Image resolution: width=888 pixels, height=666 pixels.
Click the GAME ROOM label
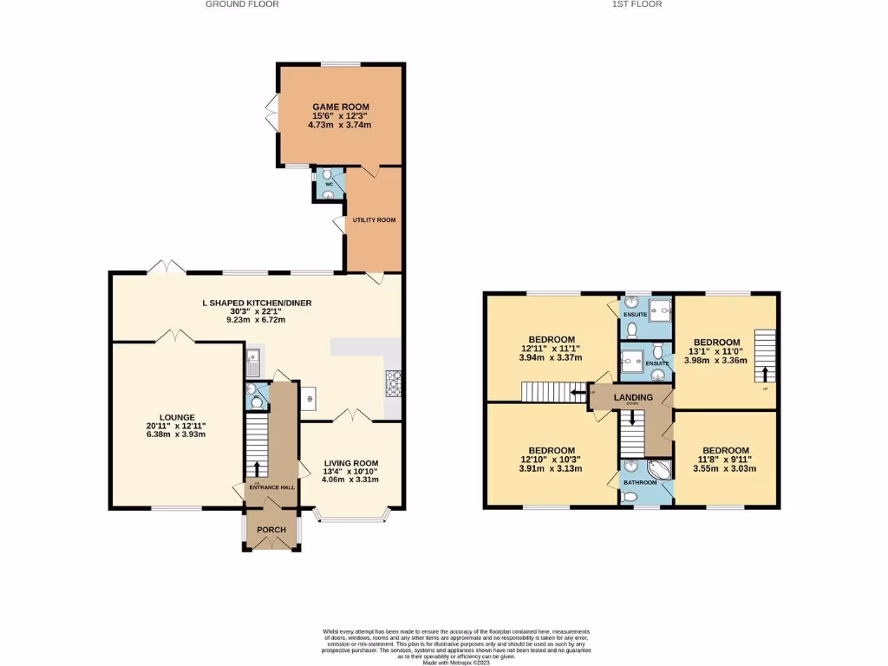[340, 107]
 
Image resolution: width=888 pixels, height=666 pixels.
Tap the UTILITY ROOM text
[374, 220]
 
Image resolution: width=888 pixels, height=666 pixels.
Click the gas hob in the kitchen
[393, 380]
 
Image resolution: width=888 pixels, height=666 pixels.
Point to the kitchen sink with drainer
[253, 362]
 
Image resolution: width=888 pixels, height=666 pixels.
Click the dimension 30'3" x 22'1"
[256, 311]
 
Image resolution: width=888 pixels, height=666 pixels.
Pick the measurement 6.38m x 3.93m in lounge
[176, 434]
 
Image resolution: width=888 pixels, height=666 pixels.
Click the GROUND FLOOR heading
[242, 4]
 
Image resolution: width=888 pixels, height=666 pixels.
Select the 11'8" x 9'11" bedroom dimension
[724, 460]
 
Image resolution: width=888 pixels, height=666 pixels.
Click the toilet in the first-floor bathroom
[630, 496]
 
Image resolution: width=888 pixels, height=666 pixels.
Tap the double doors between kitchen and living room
[352, 415]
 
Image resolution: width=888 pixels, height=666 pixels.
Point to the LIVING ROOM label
[351, 462]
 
